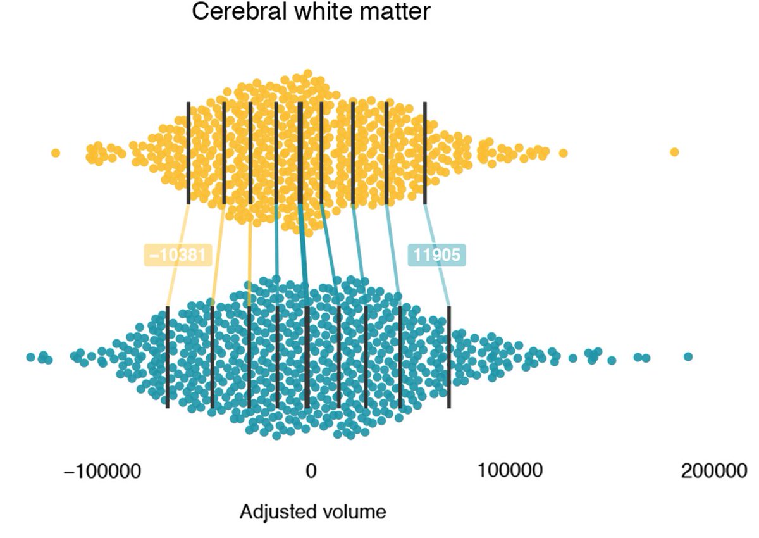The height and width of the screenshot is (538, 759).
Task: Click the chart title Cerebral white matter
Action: (310, 12)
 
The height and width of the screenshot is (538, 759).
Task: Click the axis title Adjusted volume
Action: (312, 511)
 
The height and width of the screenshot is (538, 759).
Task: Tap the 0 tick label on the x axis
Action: (310, 472)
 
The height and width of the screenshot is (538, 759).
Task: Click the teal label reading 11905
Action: (436, 254)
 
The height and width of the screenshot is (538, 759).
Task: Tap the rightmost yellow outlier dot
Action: (674, 152)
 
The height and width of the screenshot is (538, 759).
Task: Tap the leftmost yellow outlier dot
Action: (56, 153)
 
